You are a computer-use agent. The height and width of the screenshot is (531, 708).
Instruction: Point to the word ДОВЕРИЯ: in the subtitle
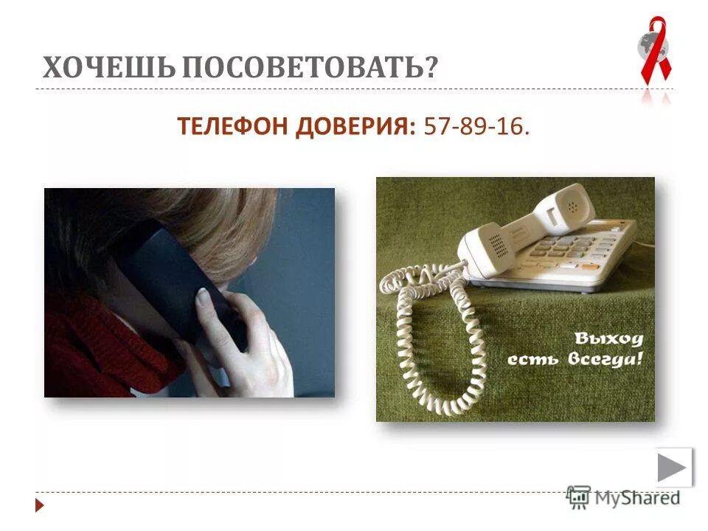(357, 128)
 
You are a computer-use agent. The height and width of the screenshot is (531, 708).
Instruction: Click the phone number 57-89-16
(476, 128)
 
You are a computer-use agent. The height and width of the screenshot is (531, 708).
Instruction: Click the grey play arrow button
(673, 468)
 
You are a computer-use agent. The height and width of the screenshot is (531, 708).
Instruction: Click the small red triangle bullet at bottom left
(40, 506)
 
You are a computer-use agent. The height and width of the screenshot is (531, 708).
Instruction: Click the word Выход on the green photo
(609, 339)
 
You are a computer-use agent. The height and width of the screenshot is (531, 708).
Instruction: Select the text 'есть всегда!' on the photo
(575, 359)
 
